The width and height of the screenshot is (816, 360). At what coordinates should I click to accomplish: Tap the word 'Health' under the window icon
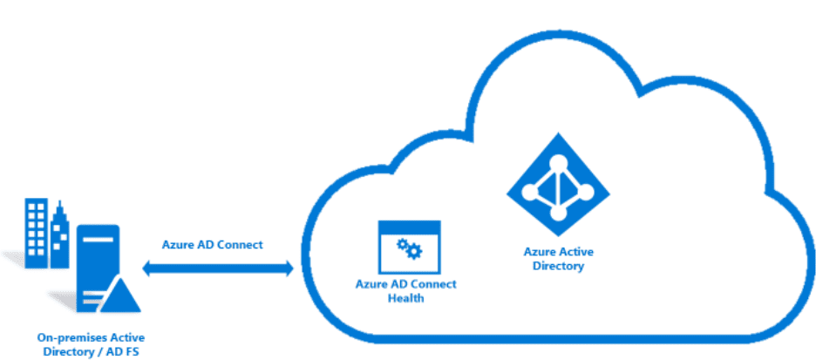[x=405, y=298]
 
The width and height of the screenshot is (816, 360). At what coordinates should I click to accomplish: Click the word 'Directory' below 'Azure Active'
[x=558, y=265]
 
